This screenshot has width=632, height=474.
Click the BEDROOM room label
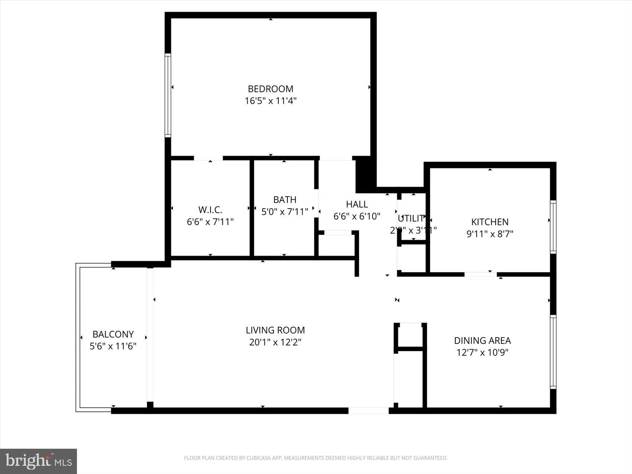(x=270, y=89)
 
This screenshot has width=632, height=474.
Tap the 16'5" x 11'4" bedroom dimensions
(x=270, y=101)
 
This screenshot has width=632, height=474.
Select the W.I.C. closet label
(x=210, y=210)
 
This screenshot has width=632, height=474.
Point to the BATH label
(x=285, y=200)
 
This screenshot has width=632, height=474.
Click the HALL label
(x=357, y=204)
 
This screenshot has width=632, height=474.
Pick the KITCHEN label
(x=490, y=222)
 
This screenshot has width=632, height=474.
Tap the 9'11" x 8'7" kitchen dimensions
(x=490, y=234)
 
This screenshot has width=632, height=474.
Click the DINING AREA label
(x=482, y=341)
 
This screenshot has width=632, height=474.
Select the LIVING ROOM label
(x=275, y=330)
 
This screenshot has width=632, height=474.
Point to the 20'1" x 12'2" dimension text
(x=275, y=342)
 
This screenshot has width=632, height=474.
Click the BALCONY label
(x=113, y=334)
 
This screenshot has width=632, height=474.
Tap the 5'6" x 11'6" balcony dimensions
(x=113, y=346)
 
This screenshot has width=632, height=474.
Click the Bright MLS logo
(x=39, y=461)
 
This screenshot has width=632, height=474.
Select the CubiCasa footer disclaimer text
(x=316, y=458)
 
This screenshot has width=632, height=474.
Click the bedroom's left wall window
(x=168, y=95)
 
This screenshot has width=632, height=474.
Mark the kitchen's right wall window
(x=553, y=227)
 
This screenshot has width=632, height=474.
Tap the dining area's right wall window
(x=553, y=352)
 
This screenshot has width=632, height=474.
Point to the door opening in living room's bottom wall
(x=368, y=410)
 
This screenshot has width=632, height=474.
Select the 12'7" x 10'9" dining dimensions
(x=482, y=352)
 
